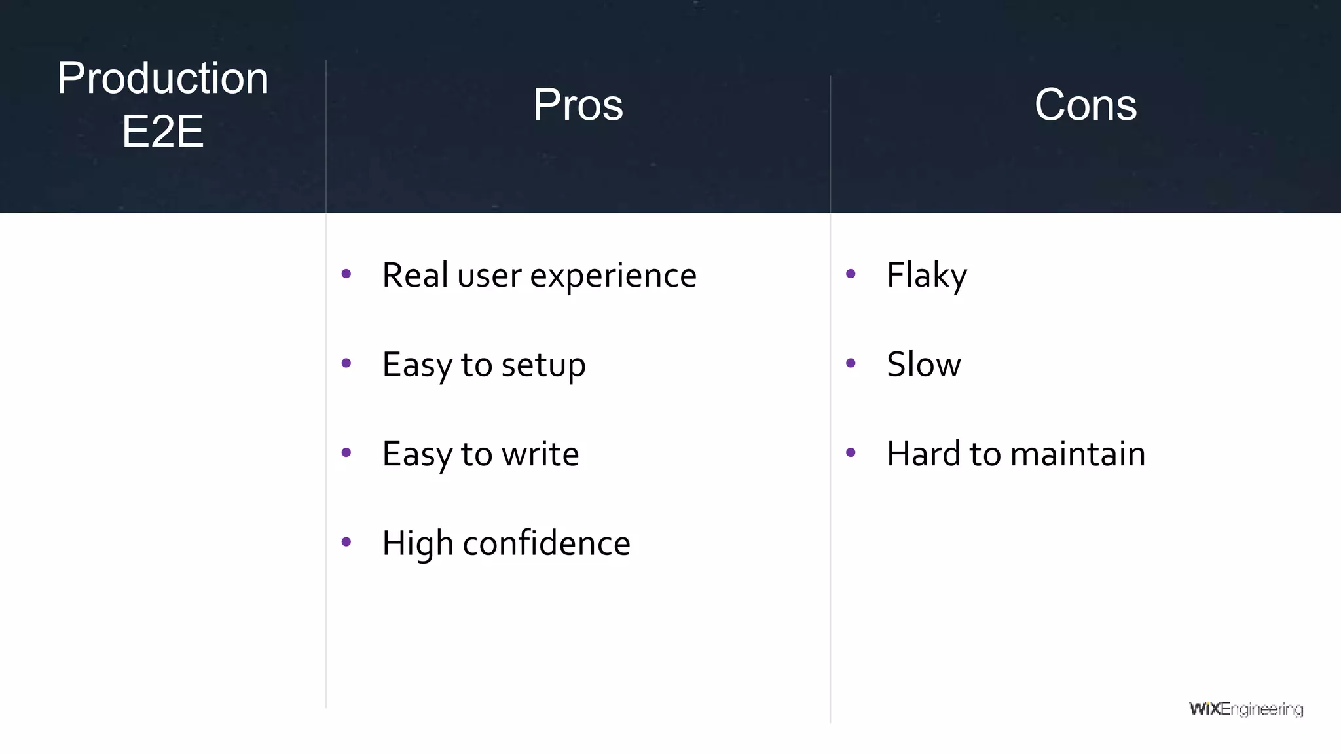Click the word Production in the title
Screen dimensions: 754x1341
click(162, 79)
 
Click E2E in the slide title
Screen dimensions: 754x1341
click(162, 132)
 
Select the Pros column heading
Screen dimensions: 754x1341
click(578, 105)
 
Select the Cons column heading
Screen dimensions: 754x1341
click(1085, 105)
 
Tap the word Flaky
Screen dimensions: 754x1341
click(927, 275)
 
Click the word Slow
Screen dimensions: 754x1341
click(923, 365)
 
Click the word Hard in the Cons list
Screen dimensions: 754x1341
click(923, 454)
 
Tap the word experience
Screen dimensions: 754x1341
click(613, 276)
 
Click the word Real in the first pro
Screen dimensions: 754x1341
click(415, 275)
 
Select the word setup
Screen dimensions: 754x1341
click(543, 365)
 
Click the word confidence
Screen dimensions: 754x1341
click(546, 543)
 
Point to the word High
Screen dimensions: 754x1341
click(418, 544)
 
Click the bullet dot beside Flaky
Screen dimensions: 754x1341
click(851, 274)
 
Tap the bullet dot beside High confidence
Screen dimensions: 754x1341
click(346, 541)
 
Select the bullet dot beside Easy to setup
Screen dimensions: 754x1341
click(346, 363)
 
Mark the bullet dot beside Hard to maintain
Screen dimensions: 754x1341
click(851, 452)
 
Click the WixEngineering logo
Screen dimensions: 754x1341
click(1245, 709)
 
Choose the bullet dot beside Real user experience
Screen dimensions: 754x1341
click(346, 274)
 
